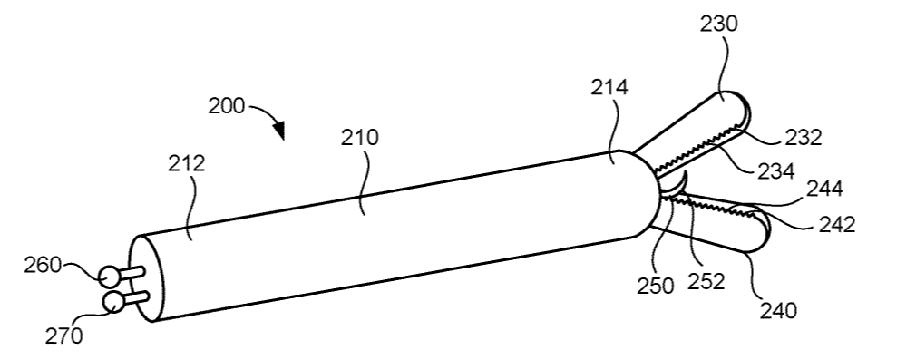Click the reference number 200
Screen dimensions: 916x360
coord(226,105)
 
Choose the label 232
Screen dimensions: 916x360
coord(803,138)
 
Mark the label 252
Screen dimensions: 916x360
coord(706,281)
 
